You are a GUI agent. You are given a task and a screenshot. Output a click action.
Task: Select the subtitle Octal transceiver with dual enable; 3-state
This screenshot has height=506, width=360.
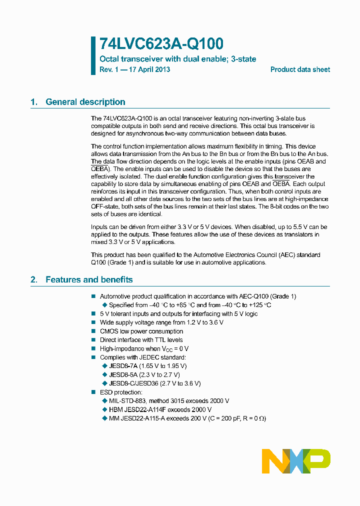[x=177, y=59]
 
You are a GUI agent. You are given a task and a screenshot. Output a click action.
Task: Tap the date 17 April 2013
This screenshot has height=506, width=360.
[x=149, y=69]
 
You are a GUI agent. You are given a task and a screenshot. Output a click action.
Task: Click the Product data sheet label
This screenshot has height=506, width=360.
[x=300, y=69]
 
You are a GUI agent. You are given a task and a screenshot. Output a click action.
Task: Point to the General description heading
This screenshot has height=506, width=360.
[x=85, y=102]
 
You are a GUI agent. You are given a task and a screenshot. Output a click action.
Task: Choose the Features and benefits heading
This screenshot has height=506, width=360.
[x=89, y=279]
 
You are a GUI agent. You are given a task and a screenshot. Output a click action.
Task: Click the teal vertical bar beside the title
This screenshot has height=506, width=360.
[x=93, y=55]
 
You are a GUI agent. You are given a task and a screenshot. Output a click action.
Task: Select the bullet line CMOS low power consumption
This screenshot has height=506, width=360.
[x=141, y=331]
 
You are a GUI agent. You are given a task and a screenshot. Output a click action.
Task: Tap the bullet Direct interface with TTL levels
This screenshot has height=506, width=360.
[x=141, y=340]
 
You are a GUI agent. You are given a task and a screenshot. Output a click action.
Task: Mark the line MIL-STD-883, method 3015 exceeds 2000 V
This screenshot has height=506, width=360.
[x=169, y=400]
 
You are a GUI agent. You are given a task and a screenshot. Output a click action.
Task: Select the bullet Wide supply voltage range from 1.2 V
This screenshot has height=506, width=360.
[x=161, y=322]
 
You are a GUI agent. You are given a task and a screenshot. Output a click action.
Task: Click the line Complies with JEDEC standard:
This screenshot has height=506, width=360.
[x=142, y=357]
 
